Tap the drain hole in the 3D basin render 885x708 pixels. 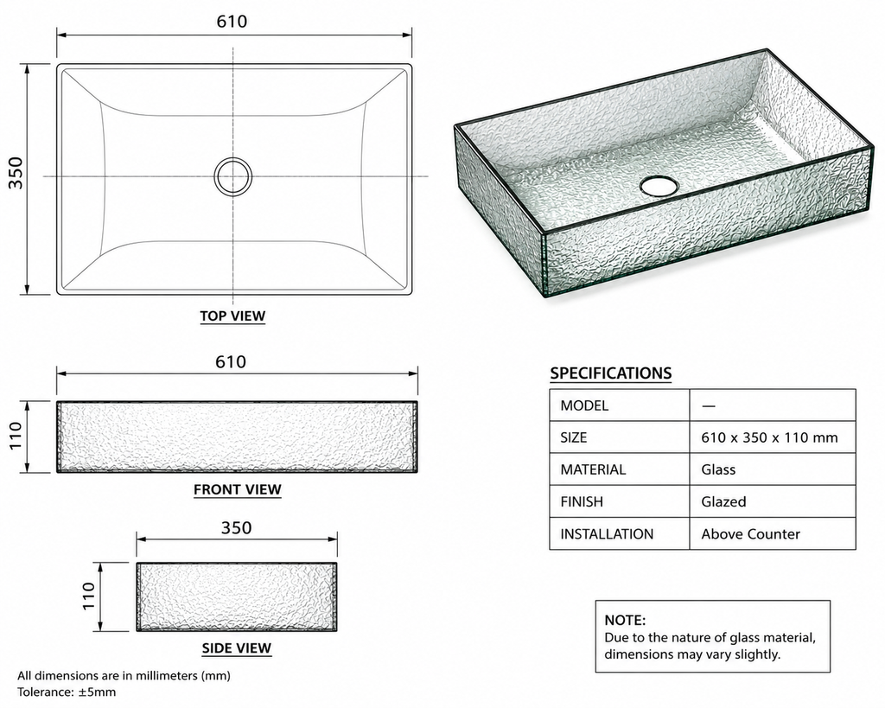658,186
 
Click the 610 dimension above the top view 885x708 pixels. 232,22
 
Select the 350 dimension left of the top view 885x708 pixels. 16,173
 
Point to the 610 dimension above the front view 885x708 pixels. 231,361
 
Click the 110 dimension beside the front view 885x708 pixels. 16,436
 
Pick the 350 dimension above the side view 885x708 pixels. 237,527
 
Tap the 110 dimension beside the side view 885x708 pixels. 89,596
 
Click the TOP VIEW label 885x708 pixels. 232,316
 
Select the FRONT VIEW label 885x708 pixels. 238,489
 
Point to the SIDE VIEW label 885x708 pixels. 237,648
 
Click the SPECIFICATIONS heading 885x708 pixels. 611,373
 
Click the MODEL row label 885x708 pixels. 584,405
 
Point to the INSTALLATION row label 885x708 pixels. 607,534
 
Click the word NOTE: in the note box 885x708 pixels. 625,620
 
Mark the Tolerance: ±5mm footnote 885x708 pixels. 67,692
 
